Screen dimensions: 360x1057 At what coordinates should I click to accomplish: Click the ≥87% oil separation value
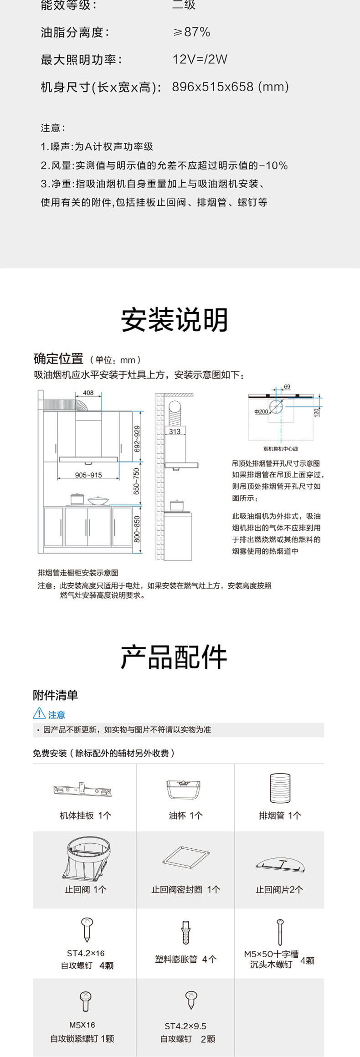191,32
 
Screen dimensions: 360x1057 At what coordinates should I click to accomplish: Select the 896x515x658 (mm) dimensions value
230,87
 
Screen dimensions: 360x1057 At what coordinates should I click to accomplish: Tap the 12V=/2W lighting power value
200,59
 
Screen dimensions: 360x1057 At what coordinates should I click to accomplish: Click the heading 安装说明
174,319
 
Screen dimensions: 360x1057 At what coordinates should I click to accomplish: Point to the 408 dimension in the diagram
88,393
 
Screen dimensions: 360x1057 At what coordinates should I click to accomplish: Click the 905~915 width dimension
88,475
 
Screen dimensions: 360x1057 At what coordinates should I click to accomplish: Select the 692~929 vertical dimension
137,439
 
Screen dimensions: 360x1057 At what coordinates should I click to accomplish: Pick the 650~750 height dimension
137,481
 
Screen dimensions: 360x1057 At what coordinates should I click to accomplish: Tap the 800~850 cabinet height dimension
137,529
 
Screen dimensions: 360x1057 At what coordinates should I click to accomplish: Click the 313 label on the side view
175,431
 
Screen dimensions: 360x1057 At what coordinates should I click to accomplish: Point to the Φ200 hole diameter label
261,411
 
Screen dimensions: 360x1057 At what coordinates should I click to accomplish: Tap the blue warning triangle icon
39,713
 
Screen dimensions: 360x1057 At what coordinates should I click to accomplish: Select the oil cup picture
184,789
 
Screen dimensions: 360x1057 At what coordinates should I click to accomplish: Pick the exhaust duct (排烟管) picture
280,788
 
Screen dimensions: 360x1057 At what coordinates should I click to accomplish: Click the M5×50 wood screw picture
280,932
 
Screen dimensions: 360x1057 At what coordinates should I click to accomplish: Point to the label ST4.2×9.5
185,1026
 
